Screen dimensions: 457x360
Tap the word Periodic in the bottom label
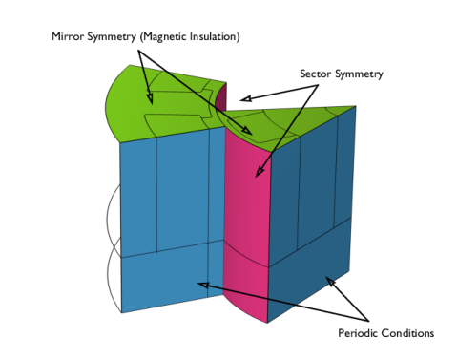point(358,333)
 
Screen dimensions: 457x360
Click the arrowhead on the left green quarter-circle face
point(150,98)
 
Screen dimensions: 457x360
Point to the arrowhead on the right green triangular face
point(247,131)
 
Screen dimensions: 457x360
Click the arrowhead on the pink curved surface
point(259,172)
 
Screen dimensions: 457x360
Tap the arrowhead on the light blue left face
point(203,285)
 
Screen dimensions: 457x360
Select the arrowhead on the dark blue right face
point(330,282)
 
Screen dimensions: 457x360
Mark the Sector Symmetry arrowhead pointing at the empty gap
point(246,99)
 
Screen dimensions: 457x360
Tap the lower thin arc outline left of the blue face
point(114,274)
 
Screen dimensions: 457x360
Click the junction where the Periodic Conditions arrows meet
point(368,321)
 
